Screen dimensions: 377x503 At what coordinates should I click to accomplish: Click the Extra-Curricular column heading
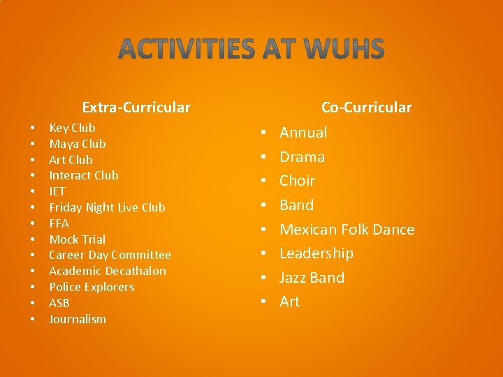tap(136, 108)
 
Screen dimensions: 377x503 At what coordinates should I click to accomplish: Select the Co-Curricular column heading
tap(366, 108)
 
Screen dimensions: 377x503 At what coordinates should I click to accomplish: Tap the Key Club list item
tap(72, 128)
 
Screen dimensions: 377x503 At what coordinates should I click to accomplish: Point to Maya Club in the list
tap(77, 144)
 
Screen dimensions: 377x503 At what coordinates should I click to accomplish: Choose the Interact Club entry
tap(83, 175)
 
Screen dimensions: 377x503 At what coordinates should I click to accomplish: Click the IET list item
tap(57, 191)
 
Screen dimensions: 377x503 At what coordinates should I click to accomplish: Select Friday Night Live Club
tap(107, 207)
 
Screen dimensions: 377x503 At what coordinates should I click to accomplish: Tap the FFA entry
tap(59, 223)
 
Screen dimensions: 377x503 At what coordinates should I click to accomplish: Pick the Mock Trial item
tap(77, 239)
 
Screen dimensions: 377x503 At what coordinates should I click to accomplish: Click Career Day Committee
tap(110, 255)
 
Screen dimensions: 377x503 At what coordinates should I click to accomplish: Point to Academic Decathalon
tap(108, 271)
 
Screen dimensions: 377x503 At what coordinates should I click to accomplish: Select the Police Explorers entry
tap(92, 287)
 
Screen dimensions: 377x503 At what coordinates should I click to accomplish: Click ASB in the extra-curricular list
tap(59, 303)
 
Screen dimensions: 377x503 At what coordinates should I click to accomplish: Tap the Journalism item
tap(78, 319)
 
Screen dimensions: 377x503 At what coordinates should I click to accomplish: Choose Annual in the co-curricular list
tap(303, 133)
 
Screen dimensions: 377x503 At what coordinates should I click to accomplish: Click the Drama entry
tap(302, 157)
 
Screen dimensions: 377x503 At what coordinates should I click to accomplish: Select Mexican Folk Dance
tap(347, 230)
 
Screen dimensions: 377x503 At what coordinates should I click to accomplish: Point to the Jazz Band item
tap(312, 278)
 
